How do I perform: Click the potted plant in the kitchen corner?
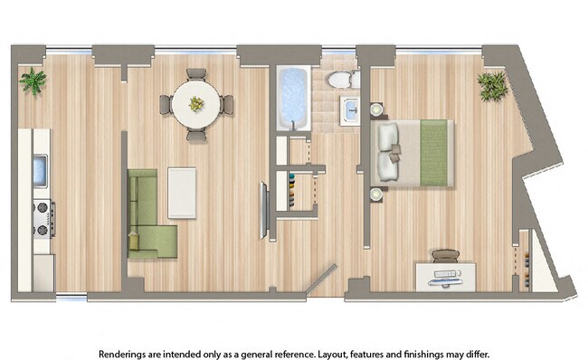click(33, 82)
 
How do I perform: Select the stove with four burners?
click(42, 218)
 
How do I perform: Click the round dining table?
click(196, 104)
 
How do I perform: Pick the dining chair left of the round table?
click(166, 104)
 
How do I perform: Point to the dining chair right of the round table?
click(226, 104)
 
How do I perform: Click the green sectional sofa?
click(145, 214)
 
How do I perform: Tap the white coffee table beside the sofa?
click(183, 192)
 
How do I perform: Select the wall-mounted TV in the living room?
click(264, 210)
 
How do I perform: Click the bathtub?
click(293, 98)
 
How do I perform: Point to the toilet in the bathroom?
click(341, 80)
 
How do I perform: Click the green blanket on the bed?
click(435, 153)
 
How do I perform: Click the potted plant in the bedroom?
click(492, 86)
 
